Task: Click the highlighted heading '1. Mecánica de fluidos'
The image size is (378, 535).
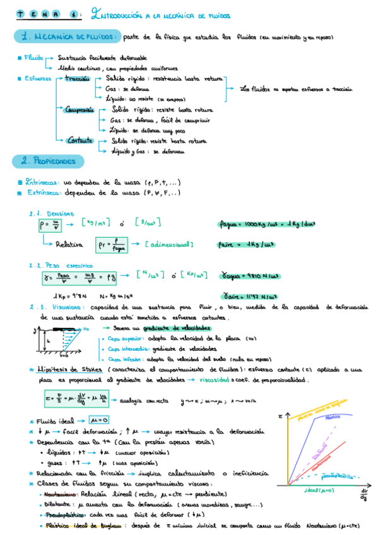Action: (x=65, y=37)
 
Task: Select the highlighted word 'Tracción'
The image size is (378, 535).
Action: (x=78, y=78)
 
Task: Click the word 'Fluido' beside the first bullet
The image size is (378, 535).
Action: (x=33, y=57)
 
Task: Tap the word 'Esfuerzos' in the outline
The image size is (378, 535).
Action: (x=38, y=78)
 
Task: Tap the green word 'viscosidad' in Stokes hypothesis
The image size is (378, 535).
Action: (x=213, y=380)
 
